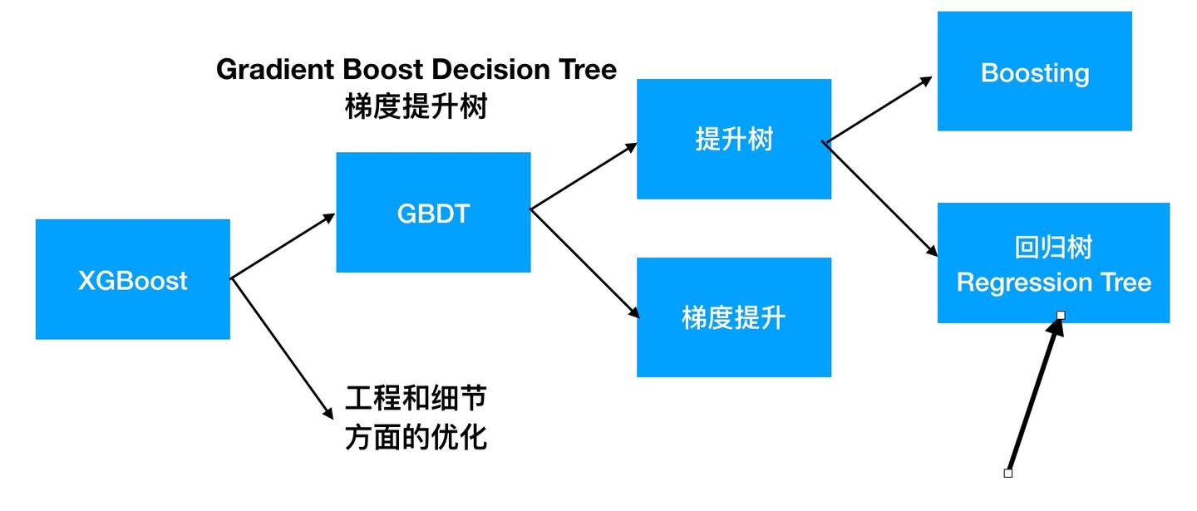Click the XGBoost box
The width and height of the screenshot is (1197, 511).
(x=133, y=279)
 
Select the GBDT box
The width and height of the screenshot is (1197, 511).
(x=433, y=213)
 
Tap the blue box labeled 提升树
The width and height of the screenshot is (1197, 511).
(x=734, y=139)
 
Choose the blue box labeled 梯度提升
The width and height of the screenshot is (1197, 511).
(x=734, y=317)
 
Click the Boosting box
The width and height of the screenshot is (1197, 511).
(x=1034, y=71)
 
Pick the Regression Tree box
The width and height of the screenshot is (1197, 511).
(x=1053, y=263)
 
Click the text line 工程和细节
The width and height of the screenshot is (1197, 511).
(x=415, y=400)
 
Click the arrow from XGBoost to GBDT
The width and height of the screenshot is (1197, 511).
(x=283, y=247)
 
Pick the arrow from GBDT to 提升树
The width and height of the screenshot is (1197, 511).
(x=584, y=176)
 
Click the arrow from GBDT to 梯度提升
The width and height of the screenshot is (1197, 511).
(x=584, y=263)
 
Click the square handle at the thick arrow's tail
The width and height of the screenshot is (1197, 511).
(x=1008, y=473)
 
